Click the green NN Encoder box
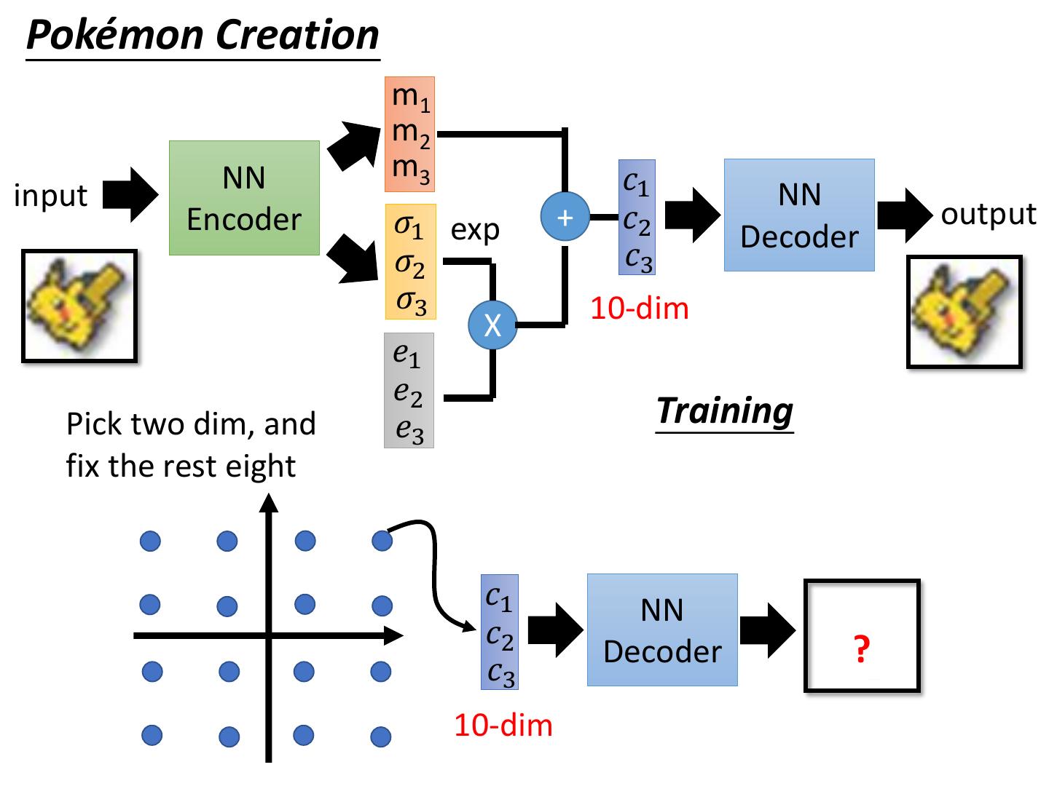click(244, 198)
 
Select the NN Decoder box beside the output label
click(799, 215)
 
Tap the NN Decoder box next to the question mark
click(662, 630)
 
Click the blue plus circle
click(565, 217)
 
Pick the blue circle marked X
click(492, 325)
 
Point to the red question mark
click(862, 648)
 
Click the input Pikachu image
click(79, 306)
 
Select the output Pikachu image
click(964, 311)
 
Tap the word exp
click(475, 230)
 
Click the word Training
click(724, 410)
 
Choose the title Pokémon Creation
click(203, 35)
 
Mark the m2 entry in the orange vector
click(411, 132)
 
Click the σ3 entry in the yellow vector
click(411, 301)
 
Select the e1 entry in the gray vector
click(406, 354)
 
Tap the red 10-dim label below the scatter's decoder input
click(503, 726)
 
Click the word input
click(51, 196)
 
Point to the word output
click(989, 214)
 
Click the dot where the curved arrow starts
click(382, 541)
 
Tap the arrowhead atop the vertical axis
click(270, 503)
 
